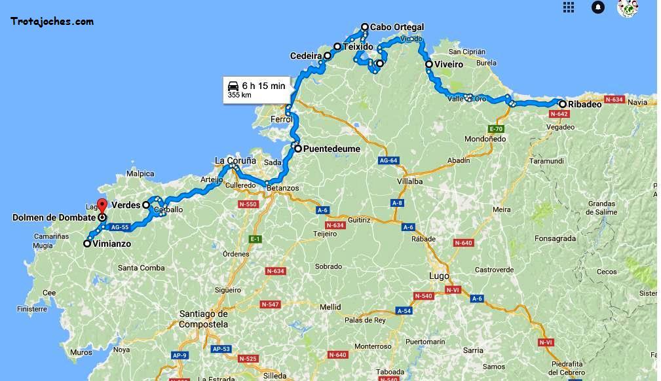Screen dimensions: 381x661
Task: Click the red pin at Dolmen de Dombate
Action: click(x=102, y=205)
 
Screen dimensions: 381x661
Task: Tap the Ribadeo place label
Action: click(x=584, y=104)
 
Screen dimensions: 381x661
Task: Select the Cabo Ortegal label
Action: click(x=397, y=27)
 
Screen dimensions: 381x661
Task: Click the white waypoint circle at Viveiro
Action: click(x=429, y=65)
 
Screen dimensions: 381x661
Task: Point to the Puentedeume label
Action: click(x=331, y=149)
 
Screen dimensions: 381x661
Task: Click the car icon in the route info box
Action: click(x=233, y=86)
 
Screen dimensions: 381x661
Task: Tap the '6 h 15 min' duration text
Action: click(x=263, y=86)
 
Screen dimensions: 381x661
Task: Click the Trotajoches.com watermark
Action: click(x=52, y=22)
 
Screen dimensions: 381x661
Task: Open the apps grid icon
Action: click(x=569, y=7)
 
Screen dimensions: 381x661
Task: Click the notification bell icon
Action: click(x=598, y=7)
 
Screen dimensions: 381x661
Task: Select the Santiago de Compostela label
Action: click(x=204, y=319)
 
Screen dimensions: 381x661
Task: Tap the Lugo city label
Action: click(x=438, y=276)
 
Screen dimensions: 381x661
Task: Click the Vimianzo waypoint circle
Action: click(x=87, y=244)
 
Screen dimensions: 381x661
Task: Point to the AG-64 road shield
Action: click(x=388, y=160)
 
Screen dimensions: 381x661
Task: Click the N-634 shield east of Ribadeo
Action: click(x=614, y=100)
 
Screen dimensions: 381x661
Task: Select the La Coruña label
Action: click(x=233, y=160)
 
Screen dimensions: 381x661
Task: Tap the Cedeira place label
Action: click(x=306, y=56)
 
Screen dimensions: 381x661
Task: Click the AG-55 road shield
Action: click(x=120, y=227)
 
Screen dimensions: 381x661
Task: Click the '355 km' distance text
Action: click(x=239, y=95)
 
